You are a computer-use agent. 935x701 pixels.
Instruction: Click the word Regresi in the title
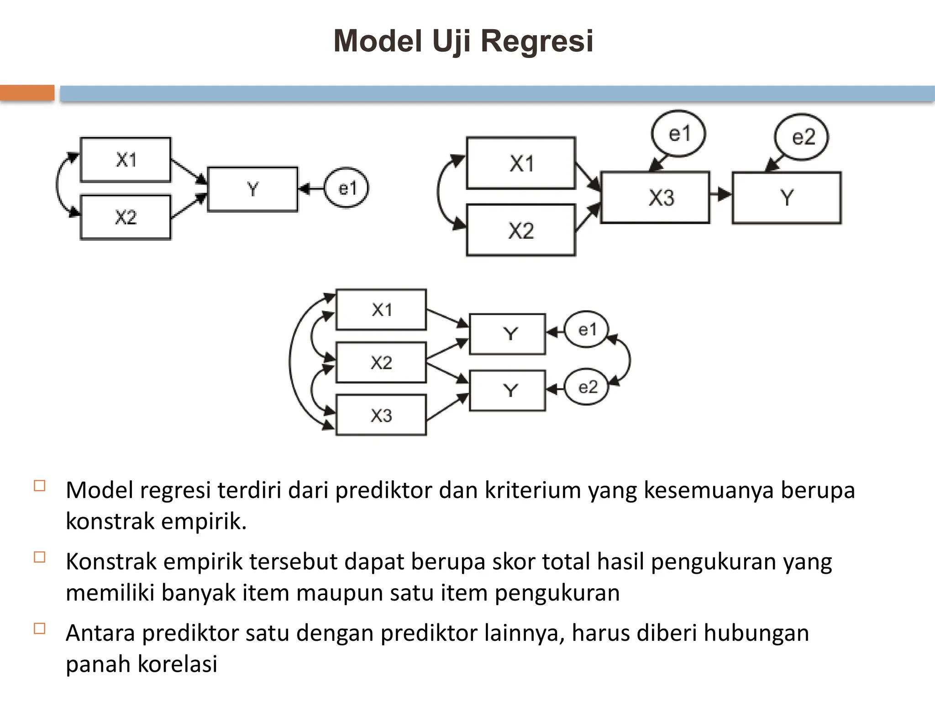tap(537, 41)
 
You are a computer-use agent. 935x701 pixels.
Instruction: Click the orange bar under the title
tap(27, 93)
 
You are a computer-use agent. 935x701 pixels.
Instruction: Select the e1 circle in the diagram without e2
tap(347, 188)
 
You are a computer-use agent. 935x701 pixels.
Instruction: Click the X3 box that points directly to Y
tap(655, 198)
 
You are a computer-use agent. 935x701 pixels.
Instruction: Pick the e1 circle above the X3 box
tap(678, 134)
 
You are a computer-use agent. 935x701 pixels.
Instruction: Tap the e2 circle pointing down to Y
tap(802, 137)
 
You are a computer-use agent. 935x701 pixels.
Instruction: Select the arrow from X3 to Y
tap(721, 194)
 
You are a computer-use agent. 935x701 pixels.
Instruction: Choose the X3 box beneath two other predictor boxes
tap(381, 415)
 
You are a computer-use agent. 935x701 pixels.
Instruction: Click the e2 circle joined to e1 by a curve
tap(587, 387)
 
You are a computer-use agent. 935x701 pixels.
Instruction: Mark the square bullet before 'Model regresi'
tap(40, 486)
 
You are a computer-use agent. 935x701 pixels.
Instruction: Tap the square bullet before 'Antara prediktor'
tap(40, 628)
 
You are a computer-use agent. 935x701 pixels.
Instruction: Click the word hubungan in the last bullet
tap(756, 633)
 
